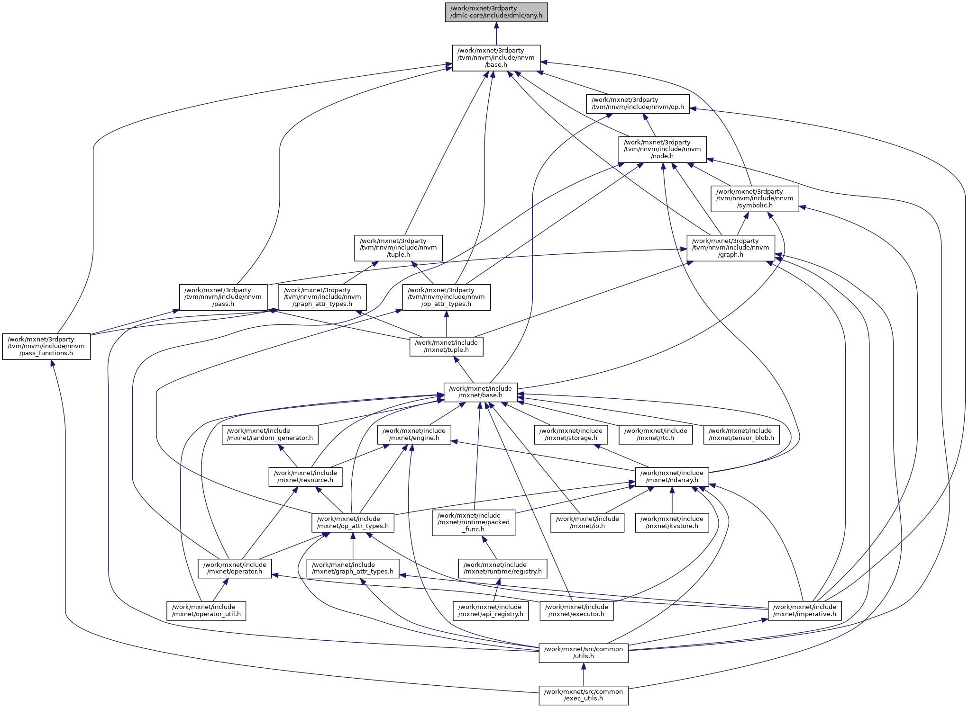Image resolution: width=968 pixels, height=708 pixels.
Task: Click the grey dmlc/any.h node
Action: pos(496,12)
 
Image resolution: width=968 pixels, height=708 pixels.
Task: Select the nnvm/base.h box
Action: pos(496,58)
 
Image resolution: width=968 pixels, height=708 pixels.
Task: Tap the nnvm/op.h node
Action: pos(638,104)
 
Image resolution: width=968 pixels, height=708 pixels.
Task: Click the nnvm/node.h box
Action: pos(662,149)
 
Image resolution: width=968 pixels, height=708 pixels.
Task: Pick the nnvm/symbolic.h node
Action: pos(755,198)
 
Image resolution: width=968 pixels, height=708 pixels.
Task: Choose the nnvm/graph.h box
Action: pos(731,248)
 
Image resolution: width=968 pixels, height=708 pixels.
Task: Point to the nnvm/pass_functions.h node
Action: pos(46,346)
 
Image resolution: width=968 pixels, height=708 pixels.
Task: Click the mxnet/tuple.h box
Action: pos(446,346)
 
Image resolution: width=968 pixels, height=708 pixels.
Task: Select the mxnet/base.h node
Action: pos(480,392)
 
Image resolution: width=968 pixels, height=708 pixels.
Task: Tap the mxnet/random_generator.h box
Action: pos(270,434)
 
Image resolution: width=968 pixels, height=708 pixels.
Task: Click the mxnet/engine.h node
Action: pos(414,434)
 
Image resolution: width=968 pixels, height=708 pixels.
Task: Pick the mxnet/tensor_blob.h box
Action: pos(741,434)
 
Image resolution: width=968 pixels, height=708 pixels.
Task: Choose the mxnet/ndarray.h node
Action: pos(672,476)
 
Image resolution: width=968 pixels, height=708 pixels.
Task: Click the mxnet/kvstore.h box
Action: pos(672,522)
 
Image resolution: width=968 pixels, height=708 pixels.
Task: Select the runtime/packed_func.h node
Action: pos(473,522)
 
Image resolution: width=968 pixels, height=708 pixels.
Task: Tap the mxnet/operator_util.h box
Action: pos(206,610)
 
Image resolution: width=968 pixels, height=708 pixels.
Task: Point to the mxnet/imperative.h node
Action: pos(804,610)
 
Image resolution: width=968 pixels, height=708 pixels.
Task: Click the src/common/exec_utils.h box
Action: pos(583,695)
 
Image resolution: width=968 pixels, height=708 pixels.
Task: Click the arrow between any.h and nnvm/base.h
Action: pos(496,33)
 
